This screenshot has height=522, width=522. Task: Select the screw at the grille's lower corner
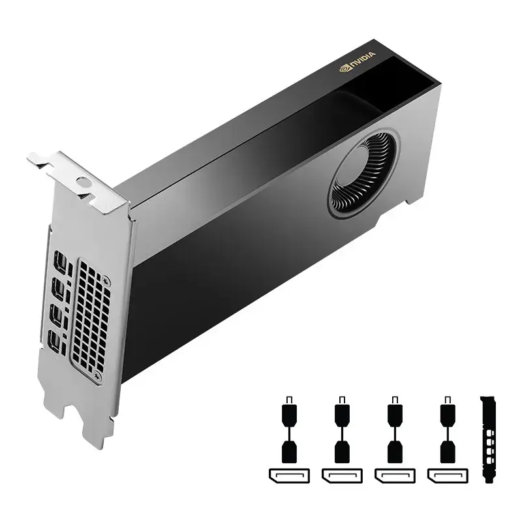[98, 376]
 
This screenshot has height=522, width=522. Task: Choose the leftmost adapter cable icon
[289, 431]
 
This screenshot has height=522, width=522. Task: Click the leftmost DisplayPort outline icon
[288, 475]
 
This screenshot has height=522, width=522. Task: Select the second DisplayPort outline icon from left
[341, 475]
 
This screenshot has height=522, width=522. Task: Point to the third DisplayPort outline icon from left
[393, 475]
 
